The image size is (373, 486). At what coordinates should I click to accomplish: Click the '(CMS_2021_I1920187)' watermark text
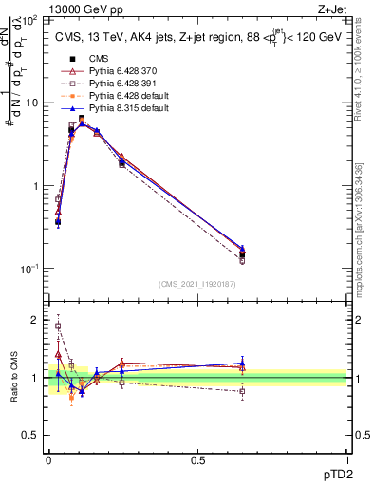coord(197,282)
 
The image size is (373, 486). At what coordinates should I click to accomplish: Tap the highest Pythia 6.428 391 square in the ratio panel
coord(58,326)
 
